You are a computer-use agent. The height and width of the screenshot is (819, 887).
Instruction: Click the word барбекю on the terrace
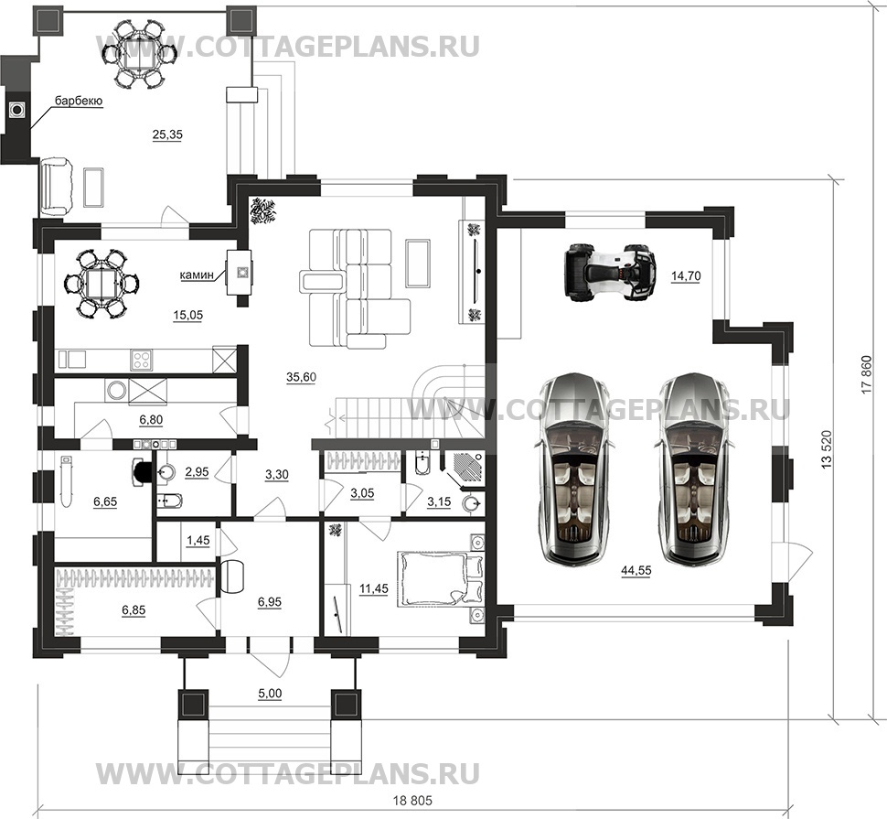point(78,101)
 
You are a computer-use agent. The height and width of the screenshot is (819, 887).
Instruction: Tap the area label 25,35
point(167,135)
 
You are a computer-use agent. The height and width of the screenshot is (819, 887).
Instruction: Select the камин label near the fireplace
point(198,274)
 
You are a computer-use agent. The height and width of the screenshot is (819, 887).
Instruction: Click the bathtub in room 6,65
point(68,480)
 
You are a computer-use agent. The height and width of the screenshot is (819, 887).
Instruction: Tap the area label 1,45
point(198,541)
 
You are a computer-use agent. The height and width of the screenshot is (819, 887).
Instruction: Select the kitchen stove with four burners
point(143,359)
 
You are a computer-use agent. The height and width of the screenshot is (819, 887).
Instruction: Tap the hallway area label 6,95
point(272,603)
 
